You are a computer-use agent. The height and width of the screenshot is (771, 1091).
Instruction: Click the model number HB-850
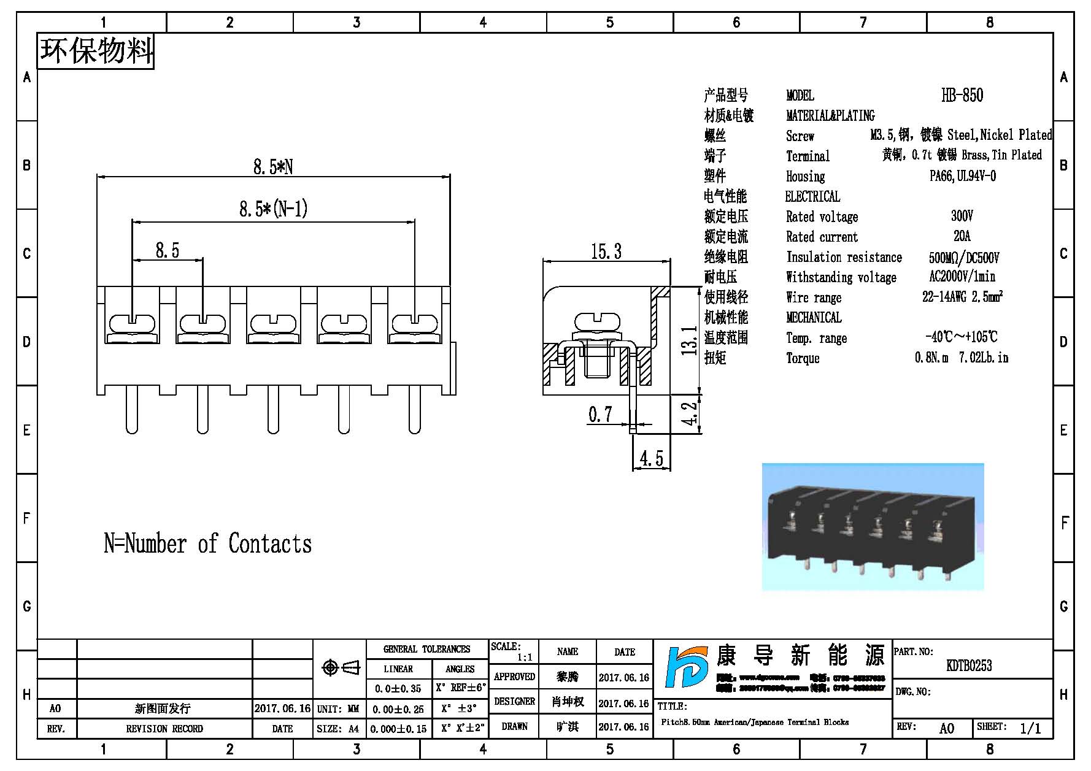click(x=962, y=95)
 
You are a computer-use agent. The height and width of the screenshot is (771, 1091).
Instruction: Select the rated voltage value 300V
click(x=962, y=216)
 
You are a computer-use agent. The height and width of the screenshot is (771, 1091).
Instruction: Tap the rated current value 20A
click(x=962, y=236)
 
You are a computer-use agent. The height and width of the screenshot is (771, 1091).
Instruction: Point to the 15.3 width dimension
click(x=606, y=251)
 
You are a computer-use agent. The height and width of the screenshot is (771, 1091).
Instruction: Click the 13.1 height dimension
click(x=690, y=341)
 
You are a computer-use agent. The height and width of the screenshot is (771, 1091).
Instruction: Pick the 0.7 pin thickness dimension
click(x=600, y=415)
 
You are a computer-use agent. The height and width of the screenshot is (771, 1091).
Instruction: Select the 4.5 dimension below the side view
click(x=651, y=459)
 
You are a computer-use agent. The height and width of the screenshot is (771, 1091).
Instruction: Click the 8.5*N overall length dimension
click(x=273, y=167)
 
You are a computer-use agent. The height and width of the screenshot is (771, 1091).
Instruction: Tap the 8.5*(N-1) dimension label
click(x=273, y=209)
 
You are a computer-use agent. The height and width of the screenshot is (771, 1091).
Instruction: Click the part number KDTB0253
click(x=969, y=666)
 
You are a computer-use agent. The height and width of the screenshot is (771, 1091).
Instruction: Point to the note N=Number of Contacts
click(x=207, y=543)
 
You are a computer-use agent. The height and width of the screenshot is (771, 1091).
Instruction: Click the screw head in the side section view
click(x=597, y=322)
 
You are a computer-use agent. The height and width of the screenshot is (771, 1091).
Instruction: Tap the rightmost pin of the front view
click(x=415, y=410)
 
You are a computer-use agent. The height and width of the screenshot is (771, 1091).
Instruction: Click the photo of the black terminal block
click(x=872, y=526)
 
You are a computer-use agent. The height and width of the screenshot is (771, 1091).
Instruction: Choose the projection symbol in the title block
click(x=341, y=667)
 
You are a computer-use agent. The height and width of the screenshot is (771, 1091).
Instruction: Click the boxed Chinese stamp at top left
click(x=96, y=51)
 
